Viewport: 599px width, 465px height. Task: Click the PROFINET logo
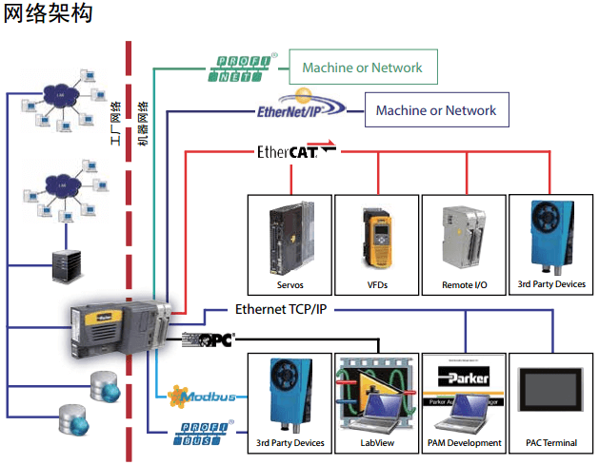point(243,68)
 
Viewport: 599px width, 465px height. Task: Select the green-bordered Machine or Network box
point(362,68)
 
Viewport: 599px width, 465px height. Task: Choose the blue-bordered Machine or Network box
point(436,110)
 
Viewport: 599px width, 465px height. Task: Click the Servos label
point(290,284)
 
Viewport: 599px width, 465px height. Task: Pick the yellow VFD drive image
point(377,237)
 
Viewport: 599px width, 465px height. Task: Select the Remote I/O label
point(464,284)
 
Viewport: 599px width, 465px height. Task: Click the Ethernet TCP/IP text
point(282,309)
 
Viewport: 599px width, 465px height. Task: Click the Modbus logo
point(200,395)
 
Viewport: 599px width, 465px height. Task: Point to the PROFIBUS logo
point(204,436)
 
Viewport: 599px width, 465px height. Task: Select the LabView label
point(377,443)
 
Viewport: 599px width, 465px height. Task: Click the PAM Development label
point(464,443)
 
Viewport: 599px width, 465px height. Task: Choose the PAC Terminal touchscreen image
point(550,394)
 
